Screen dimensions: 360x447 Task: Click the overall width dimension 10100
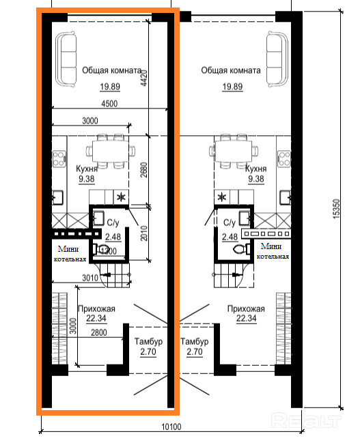[x=171, y=427]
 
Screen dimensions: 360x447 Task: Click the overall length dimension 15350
[x=337, y=209]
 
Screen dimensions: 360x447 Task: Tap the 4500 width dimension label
[x=109, y=104]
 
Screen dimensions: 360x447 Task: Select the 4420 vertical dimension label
[x=144, y=78]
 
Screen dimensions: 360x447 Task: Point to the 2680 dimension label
[x=144, y=170]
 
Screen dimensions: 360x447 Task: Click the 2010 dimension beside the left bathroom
[x=144, y=233]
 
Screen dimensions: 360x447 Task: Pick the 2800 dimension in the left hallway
[x=99, y=332]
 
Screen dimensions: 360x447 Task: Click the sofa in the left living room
[x=66, y=59]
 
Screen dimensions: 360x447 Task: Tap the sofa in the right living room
[x=277, y=59]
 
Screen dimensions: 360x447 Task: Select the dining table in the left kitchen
[x=111, y=151]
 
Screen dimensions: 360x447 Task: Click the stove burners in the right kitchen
[x=284, y=159]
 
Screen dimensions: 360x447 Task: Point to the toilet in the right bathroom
[x=241, y=249]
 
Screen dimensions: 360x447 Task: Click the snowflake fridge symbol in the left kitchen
[x=122, y=197]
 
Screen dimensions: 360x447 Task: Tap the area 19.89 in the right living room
[x=232, y=87]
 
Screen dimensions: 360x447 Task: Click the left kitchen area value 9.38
[x=87, y=179]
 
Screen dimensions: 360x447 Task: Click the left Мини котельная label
[x=70, y=254]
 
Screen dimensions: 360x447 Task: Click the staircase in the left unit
[x=115, y=275]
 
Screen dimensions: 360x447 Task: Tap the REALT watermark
[x=306, y=420]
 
